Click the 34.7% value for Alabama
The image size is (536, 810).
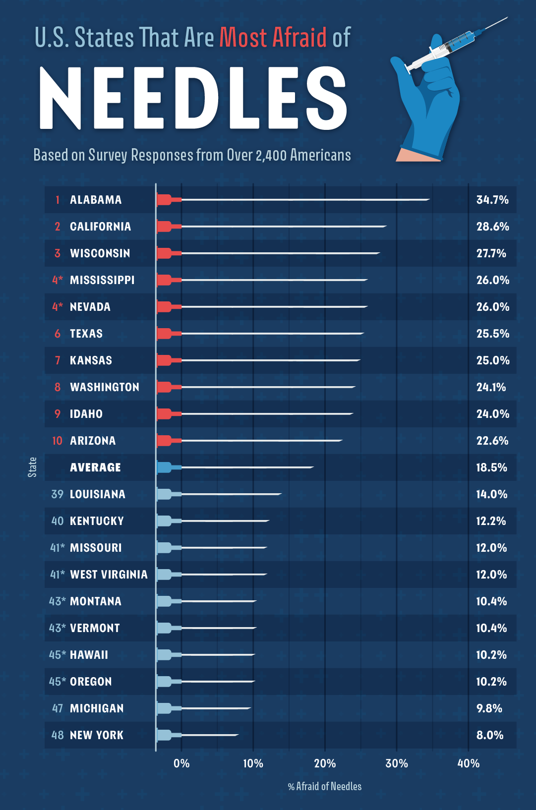point(492,200)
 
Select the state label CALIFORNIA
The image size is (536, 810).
point(100,227)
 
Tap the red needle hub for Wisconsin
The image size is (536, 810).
point(165,253)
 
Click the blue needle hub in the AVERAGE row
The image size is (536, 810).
point(165,467)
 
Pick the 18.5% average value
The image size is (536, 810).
point(491,467)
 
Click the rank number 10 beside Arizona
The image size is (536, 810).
point(58,441)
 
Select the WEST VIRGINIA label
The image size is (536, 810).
point(109,575)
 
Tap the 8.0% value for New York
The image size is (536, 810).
point(489,735)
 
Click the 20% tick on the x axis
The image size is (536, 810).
point(325,763)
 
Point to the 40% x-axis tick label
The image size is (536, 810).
point(468,763)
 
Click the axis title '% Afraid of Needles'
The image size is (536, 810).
point(325,786)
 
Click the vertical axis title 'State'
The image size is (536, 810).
point(32,467)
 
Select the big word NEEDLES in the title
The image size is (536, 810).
point(192,98)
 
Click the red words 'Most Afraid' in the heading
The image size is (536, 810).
point(273,38)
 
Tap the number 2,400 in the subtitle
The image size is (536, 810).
point(271,156)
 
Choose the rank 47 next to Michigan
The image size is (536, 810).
point(58,708)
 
